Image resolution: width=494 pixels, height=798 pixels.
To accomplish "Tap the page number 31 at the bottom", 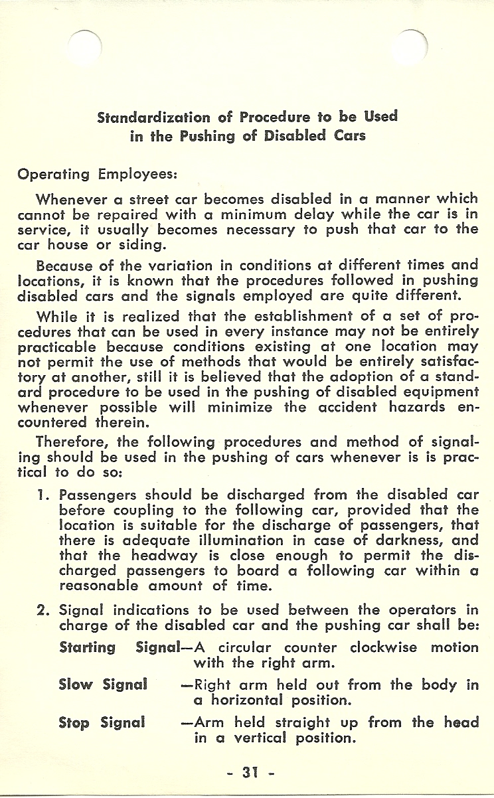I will point(246,773).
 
